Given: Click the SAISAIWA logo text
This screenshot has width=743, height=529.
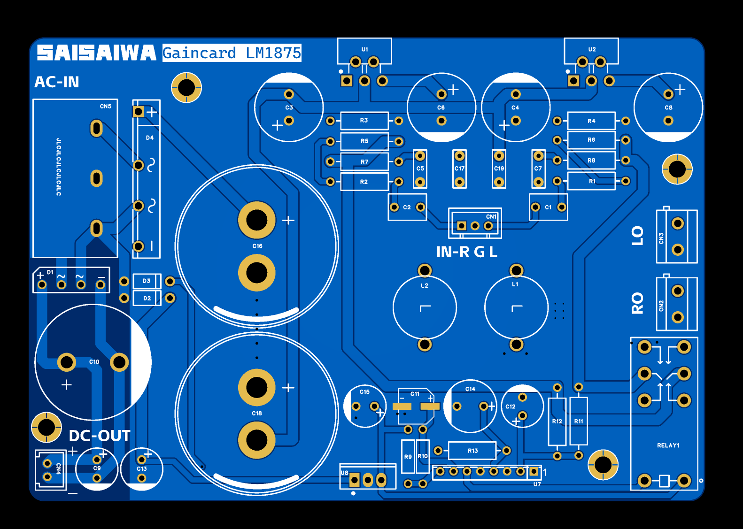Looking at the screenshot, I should [96, 53].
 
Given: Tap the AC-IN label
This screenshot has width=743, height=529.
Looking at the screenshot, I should [57, 82].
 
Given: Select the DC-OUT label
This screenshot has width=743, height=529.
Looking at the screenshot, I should [100, 436].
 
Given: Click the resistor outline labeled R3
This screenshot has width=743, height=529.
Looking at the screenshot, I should [364, 121].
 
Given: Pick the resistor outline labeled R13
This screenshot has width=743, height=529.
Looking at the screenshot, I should [472, 451].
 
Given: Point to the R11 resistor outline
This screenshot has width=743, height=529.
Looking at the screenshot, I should [579, 421].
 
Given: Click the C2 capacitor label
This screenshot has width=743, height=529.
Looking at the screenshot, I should [407, 207].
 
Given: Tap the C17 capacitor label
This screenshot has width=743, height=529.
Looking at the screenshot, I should [459, 169].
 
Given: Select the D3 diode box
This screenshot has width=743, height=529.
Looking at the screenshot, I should [147, 281].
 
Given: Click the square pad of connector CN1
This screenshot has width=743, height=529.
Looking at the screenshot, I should [462, 226].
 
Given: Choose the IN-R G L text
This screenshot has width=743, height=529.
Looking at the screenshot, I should [466, 252].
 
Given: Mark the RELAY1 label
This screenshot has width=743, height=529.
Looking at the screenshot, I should [668, 445].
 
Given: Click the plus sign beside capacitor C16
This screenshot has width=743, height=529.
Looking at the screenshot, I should [288, 220].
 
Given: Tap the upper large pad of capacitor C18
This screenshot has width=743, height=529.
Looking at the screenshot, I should [256, 388].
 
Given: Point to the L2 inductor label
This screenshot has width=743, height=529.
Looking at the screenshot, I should [425, 285].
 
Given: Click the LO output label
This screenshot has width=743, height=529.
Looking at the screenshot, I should [637, 236].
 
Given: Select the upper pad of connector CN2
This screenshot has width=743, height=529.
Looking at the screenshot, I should [677, 291].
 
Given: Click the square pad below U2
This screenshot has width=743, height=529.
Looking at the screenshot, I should [573, 81].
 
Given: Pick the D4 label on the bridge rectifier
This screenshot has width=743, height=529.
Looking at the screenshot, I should [150, 138].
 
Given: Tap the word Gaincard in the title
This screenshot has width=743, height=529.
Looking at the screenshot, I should [199, 53].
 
